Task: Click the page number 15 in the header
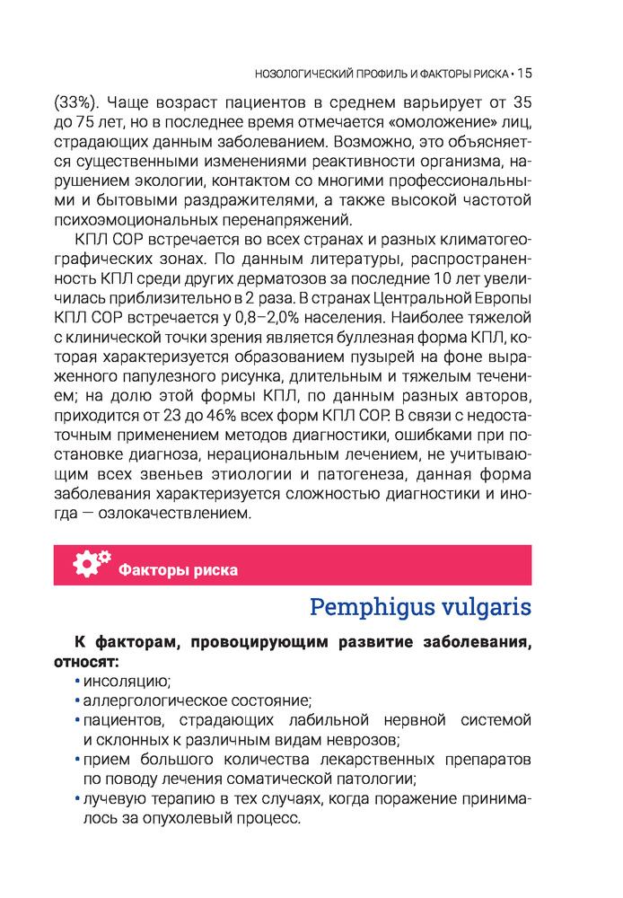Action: pos(524,73)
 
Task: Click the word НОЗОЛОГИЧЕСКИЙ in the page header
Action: pos(300,74)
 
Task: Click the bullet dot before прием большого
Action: pos(78,760)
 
